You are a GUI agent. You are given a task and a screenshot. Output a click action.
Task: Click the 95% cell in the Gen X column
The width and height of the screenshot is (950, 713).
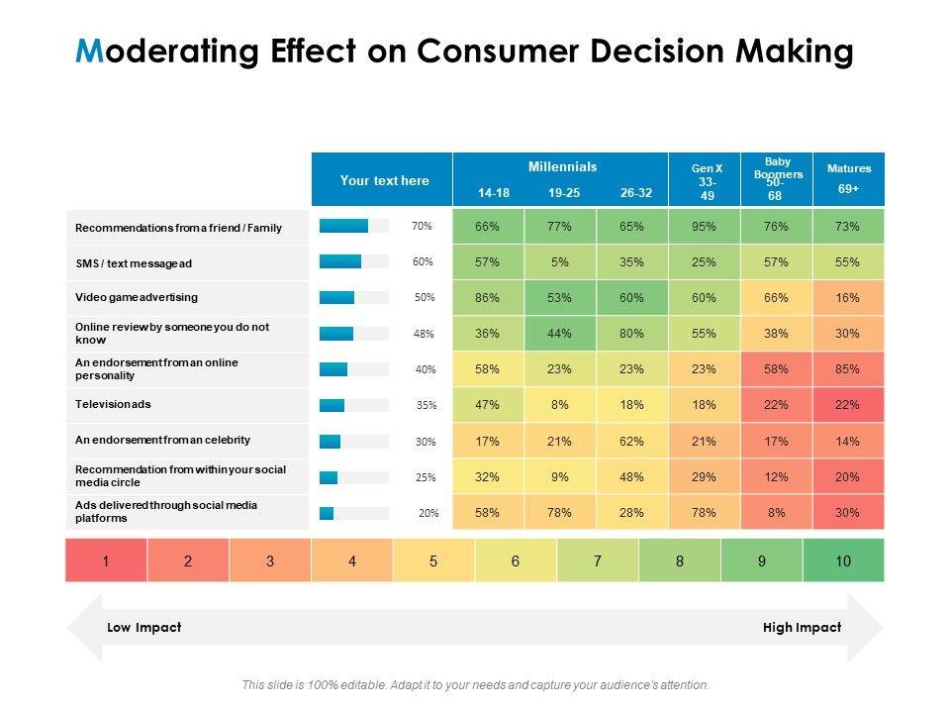[705, 227]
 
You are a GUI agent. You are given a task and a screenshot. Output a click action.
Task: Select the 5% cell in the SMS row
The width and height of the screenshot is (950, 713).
[560, 262]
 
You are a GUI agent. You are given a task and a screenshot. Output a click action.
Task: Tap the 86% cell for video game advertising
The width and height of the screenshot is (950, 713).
[487, 298]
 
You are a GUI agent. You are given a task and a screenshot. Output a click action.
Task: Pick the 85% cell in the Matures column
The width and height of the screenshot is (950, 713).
[848, 369]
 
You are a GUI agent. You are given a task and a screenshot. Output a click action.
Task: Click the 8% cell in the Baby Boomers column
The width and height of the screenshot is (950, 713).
[777, 513]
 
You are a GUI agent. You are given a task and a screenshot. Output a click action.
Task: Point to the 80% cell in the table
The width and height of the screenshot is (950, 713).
[632, 334]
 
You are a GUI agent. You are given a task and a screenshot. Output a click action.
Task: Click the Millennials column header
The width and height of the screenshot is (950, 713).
[562, 167]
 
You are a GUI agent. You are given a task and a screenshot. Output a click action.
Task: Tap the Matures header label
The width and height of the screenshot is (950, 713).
[849, 168]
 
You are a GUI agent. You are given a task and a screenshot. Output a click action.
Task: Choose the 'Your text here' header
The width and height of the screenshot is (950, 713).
[384, 180]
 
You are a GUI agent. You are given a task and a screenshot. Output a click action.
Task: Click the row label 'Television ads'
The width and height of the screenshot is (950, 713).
[113, 404]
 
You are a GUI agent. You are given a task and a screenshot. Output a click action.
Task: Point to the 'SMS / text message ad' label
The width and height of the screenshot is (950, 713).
[134, 263]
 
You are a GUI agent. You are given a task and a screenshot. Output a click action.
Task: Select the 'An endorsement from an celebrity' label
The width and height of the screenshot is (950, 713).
[162, 440]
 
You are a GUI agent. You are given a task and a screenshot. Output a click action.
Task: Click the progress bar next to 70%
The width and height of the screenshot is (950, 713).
[353, 227]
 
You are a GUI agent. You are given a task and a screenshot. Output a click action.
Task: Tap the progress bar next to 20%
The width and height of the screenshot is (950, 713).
[353, 513]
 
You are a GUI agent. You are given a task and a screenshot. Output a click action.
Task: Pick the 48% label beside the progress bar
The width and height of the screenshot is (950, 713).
[425, 334]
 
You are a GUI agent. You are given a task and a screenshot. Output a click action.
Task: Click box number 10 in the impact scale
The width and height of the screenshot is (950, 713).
[843, 561]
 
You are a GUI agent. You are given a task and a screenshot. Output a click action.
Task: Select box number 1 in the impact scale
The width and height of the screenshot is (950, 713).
[106, 561]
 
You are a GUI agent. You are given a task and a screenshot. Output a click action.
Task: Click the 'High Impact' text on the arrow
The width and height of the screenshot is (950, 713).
[802, 627]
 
